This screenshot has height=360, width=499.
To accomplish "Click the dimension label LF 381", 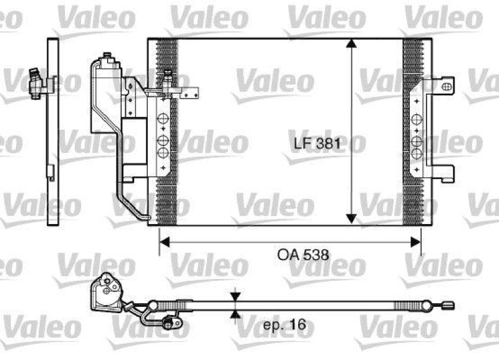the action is pyautogui.click(x=317, y=144).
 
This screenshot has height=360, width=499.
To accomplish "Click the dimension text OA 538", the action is pyautogui.click(x=302, y=255).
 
